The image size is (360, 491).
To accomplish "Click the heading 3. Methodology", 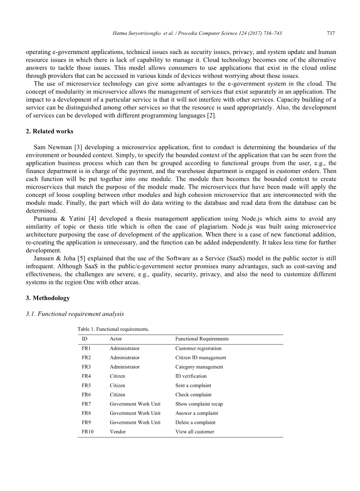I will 48,298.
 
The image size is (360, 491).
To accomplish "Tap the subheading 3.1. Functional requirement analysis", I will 75,314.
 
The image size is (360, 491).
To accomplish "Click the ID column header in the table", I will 85,339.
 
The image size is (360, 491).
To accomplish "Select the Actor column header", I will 116,339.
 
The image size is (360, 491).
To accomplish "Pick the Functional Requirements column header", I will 202,339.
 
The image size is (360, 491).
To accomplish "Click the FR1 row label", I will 86,348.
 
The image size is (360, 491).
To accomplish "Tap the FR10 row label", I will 88,431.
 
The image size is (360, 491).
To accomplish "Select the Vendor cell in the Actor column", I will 118,431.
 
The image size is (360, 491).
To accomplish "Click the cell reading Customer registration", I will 198,348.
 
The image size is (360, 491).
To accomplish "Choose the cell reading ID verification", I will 191,376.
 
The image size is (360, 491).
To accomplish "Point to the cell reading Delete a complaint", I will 195,422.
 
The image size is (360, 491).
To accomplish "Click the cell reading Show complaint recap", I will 199,404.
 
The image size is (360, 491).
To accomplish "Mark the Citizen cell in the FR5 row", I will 117,385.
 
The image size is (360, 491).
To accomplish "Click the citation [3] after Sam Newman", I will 78,148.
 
